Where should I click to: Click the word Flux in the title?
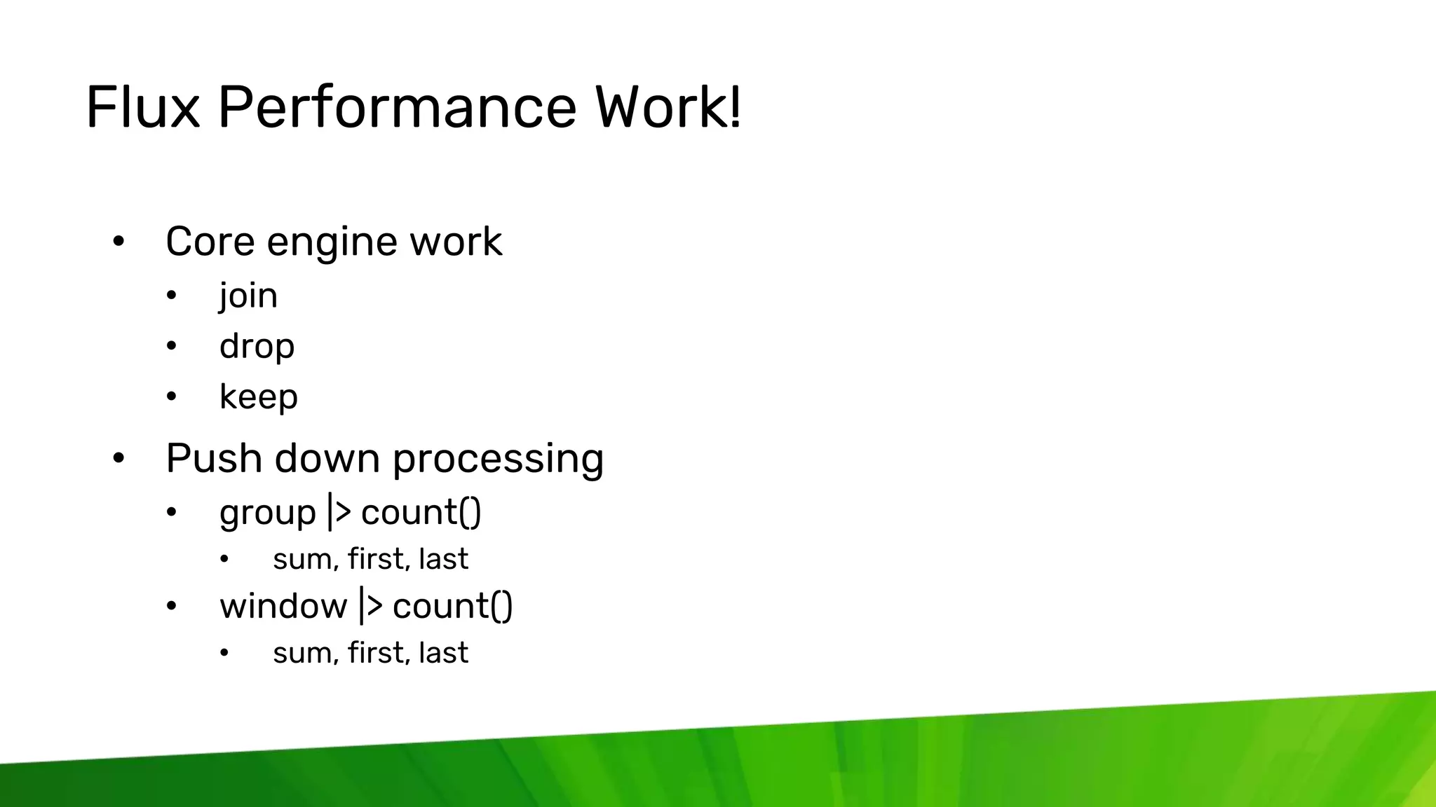[x=143, y=107]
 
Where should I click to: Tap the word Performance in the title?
[x=397, y=107]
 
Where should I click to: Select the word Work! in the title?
[x=668, y=107]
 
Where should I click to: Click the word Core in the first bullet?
[x=210, y=242]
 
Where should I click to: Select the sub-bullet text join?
[x=248, y=296]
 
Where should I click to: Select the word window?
[x=283, y=606]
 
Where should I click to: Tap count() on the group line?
[x=421, y=513]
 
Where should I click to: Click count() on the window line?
[x=452, y=606]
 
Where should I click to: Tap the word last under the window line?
[x=443, y=653]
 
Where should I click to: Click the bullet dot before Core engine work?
[x=118, y=242]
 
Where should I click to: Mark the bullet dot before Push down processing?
[x=118, y=459]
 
